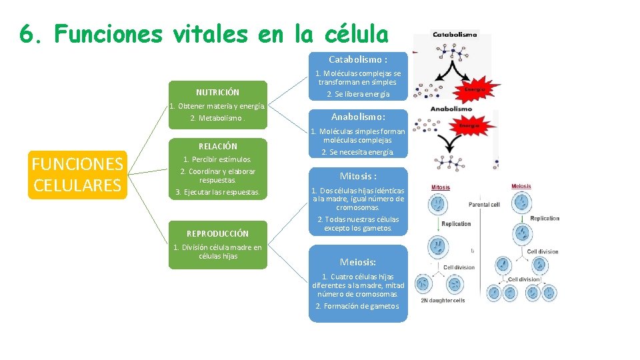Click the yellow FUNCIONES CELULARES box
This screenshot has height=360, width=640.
click(78, 175)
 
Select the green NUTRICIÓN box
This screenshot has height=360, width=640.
click(217, 92)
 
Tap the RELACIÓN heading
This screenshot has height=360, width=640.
click(217, 146)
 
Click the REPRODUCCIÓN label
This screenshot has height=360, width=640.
click(217, 233)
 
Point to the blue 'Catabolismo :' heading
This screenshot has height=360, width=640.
click(358, 59)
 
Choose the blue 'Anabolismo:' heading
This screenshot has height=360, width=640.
click(358, 117)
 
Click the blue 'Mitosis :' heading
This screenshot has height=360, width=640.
click(358, 176)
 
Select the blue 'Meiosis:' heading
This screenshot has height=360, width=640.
click(358, 262)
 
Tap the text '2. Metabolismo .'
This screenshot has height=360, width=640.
click(217, 118)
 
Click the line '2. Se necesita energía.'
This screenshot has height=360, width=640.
click(358, 152)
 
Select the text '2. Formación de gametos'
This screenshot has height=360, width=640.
click(358, 306)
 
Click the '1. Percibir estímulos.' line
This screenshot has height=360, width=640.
click(217, 159)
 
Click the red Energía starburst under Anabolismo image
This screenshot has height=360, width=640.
click(471, 123)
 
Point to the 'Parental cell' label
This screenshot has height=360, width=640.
click(484, 205)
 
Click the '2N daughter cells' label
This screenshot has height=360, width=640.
click(443, 301)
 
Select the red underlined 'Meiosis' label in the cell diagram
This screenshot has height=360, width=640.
click(521, 187)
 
